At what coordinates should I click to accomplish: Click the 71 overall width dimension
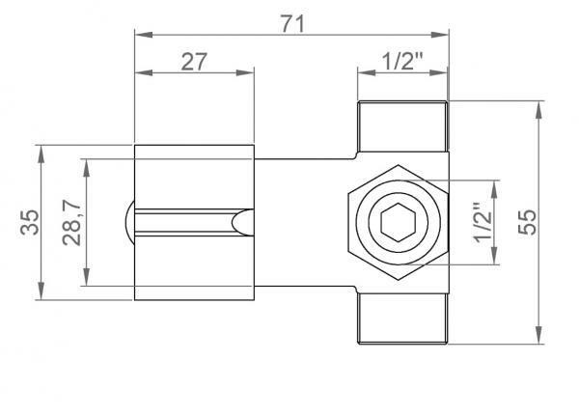click(292, 24)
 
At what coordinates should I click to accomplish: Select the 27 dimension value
click(194, 62)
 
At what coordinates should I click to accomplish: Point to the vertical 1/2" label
click(483, 222)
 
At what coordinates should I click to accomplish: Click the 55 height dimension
click(527, 222)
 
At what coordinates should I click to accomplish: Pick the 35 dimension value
click(29, 222)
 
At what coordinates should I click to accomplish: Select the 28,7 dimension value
click(71, 223)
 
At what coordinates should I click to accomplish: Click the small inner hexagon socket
click(399, 222)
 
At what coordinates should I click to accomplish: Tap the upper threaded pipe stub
click(402, 126)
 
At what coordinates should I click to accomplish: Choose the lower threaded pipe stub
click(402, 319)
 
